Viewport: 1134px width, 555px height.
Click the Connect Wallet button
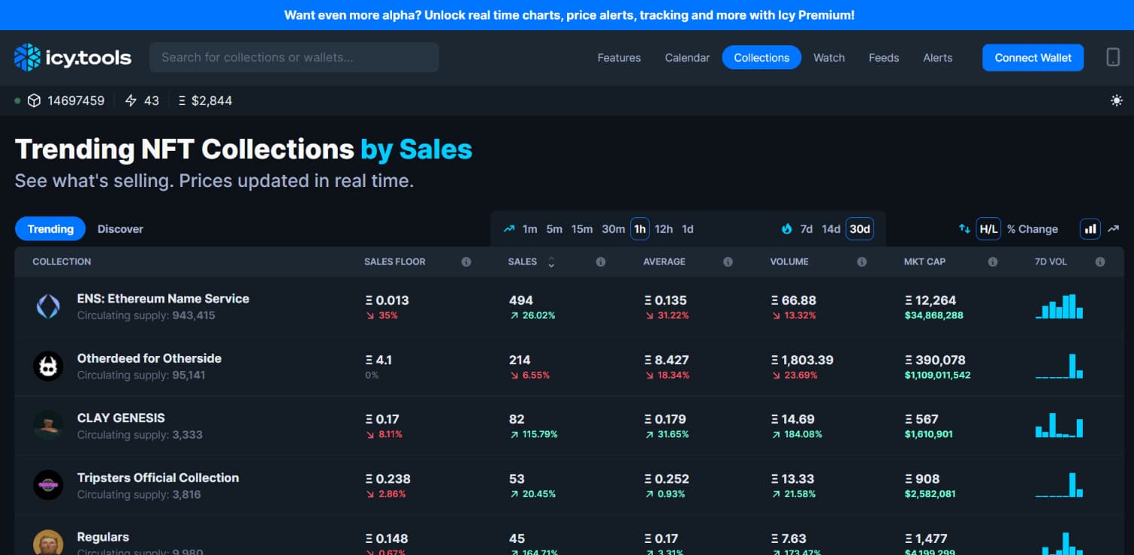1032,57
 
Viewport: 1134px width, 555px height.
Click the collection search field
294,57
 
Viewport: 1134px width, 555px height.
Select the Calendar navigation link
687,57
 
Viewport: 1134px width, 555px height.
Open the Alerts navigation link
937,57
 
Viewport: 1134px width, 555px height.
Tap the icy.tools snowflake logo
28,57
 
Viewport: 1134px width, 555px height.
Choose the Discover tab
120,228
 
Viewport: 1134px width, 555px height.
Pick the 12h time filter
664,228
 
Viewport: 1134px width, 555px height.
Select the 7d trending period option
806,228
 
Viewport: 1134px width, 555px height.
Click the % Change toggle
1032,228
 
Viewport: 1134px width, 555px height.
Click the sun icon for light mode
1117,100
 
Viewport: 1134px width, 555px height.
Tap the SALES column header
523,262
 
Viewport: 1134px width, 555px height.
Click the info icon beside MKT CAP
992,262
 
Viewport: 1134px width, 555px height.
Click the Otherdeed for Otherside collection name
149,358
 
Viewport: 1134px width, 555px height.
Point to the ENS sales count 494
520,300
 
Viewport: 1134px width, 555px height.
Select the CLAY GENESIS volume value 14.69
798,419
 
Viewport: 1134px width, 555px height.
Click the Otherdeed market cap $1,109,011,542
937,375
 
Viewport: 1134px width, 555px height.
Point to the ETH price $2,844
211,100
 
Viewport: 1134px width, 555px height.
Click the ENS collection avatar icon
48,305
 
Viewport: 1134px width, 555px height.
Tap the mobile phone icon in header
1113,57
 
